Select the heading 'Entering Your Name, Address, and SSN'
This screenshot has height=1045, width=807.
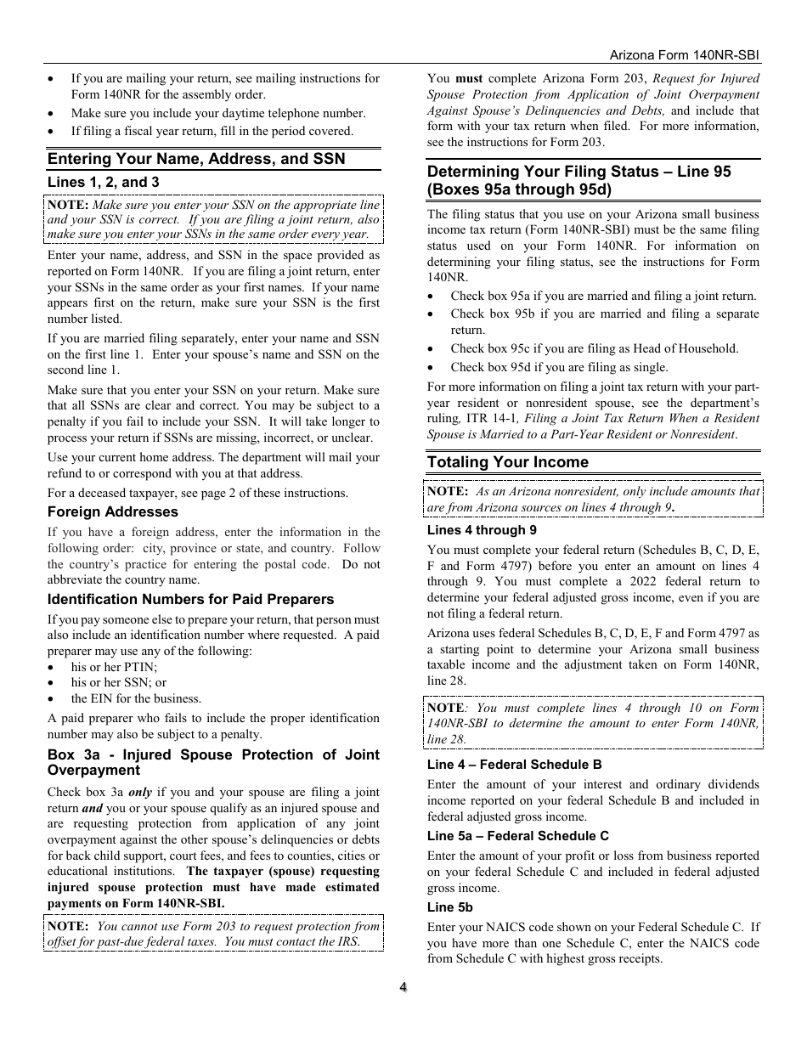[x=196, y=159]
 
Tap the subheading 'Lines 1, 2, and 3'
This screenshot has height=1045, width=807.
[x=103, y=182]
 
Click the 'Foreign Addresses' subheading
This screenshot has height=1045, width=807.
[x=112, y=511]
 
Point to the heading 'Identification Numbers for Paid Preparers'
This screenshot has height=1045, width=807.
[x=190, y=599]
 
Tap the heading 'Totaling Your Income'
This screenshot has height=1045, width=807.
[x=507, y=462]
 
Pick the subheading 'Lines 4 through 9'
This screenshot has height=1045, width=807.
[x=482, y=530]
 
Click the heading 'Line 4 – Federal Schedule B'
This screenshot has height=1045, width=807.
[x=514, y=764]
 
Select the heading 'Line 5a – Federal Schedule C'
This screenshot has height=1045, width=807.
[x=517, y=835]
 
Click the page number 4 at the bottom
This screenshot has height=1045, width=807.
[x=403, y=986]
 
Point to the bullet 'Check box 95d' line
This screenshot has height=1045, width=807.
[x=559, y=367]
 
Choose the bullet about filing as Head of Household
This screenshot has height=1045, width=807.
[x=594, y=348]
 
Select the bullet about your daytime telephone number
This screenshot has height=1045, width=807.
[x=218, y=113]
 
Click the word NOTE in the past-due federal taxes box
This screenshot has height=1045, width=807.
[x=67, y=925]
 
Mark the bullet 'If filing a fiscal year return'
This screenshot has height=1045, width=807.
[x=212, y=131]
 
